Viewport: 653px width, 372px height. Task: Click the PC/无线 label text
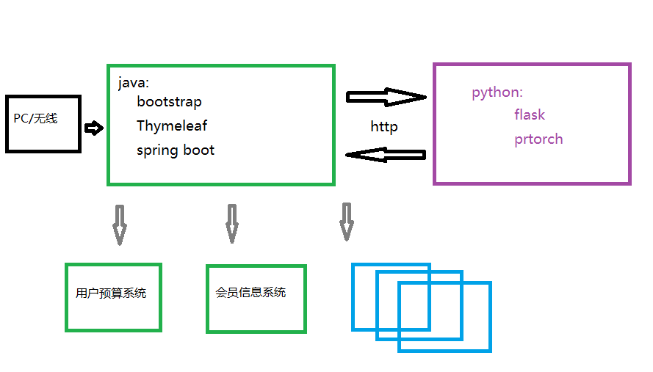(x=35, y=118)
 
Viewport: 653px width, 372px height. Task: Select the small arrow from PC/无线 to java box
(x=94, y=128)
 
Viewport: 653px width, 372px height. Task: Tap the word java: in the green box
(x=134, y=82)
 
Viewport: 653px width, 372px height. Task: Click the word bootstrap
(x=169, y=101)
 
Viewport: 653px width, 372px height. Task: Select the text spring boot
(x=176, y=150)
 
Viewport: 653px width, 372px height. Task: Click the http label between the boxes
(x=384, y=127)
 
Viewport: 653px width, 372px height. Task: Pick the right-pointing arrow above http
(x=386, y=97)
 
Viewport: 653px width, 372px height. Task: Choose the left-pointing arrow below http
(x=386, y=154)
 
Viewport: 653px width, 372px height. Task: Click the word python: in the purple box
(x=497, y=92)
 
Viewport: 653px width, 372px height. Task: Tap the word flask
(x=530, y=114)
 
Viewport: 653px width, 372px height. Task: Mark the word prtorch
(x=538, y=139)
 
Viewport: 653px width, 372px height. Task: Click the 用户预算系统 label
(x=111, y=293)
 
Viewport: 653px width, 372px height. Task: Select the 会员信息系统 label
(x=250, y=293)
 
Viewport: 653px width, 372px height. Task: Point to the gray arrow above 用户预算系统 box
(x=120, y=225)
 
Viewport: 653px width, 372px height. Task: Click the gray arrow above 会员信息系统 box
(x=231, y=223)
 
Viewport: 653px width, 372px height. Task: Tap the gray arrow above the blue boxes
(x=346, y=222)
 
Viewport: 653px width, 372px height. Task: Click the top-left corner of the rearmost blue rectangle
(x=353, y=265)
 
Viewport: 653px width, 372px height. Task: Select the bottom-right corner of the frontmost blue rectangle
(x=489, y=350)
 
